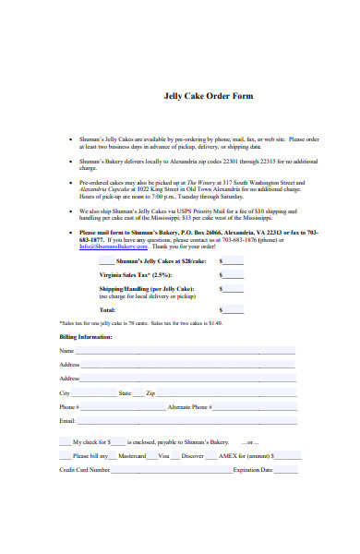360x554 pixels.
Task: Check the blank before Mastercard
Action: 114,455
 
